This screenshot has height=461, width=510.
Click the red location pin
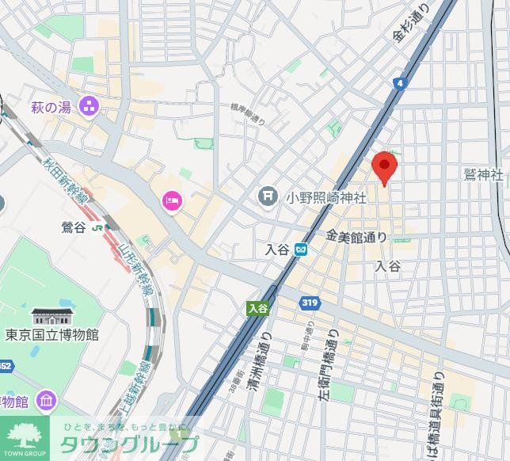385,167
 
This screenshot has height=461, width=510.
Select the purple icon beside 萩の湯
89,105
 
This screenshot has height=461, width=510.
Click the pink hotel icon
171,202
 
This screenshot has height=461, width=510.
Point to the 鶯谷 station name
73,228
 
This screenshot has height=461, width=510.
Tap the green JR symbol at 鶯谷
97,228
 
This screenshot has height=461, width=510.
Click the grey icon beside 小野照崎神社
268,195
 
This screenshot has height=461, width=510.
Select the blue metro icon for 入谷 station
302,250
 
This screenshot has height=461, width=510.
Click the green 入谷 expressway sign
258,307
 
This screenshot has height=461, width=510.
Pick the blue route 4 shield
402,82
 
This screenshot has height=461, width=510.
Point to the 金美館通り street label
356,236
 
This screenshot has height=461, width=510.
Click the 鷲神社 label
484,174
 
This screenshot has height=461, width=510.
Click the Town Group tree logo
26,436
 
